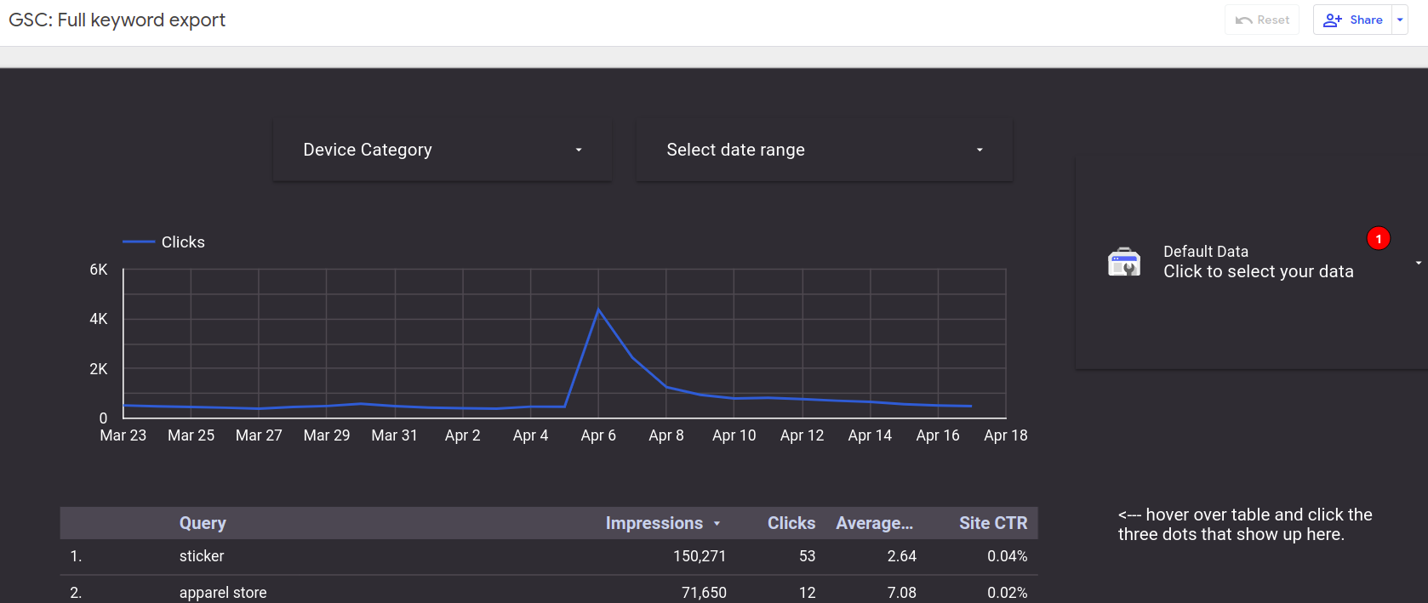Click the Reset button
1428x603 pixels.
pyautogui.click(x=1262, y=20)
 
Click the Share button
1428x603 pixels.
pyautogui.click(x=1353, y=20)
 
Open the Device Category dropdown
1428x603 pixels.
pyautogui.click(x=442, y=150)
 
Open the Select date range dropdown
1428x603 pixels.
pyautogui.click(x=824, y=150)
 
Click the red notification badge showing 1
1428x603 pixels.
pyautogui.click(x=1378, y=239)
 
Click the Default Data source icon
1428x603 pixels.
pyautogui.click(x=1124, y=262)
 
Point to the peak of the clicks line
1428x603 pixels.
pyautogui.click(x=599, y=310)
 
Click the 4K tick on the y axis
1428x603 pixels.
pyautogui.click(x=99, y=319)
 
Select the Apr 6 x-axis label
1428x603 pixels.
pyautogui.click(x=598, y=435)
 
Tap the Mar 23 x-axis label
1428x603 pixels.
pyautogui.click(x=123, y=435)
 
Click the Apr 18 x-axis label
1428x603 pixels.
pyautogui.click(x=1005, y=435)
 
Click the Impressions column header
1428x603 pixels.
pyautogui.click(x=654, y=523)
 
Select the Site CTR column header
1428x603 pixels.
pyautogui.click(x=992, y=523)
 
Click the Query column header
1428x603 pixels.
pyautogui.click(x=203, y=523)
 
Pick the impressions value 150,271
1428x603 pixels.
pyautogui.click(x=700, y=556)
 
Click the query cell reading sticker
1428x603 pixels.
pyautogui.click(x=202, y=556)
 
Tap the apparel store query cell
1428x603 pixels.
pyautogui.click(x=223, y=593)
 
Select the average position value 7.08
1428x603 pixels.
pyautogui.click(x=901, y=593)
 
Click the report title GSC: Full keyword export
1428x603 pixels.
pyautogui.click(x=117, y=20)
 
